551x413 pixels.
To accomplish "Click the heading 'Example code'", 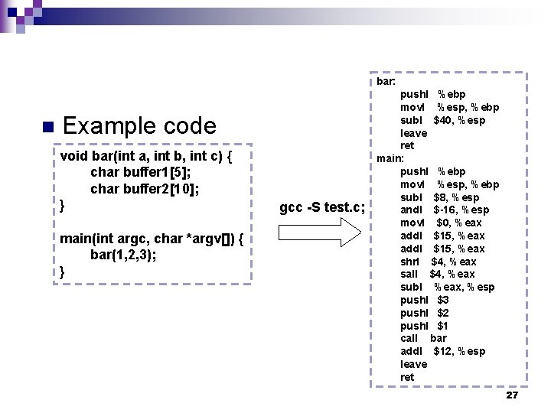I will [139, 125].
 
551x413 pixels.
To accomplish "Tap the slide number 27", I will [512, 395].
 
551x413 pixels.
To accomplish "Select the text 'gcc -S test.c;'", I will [322, 207].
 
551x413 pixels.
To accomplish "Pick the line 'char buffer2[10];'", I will [145, 188].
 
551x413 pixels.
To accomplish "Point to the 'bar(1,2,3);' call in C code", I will [123, 255].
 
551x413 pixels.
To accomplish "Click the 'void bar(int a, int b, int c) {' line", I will [145, 156].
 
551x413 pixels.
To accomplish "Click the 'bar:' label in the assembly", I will [386, 81].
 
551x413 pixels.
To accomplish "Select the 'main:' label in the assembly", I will [390, 158].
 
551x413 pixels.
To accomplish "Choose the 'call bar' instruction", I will [423, 338].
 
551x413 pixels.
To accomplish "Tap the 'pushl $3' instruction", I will [424, 300].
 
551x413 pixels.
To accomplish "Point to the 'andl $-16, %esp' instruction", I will [445, 210].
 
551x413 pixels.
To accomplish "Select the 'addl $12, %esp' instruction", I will [442, 351].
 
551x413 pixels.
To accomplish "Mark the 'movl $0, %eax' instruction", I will [441, 223].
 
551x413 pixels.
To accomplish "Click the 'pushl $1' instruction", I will [424, 326].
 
